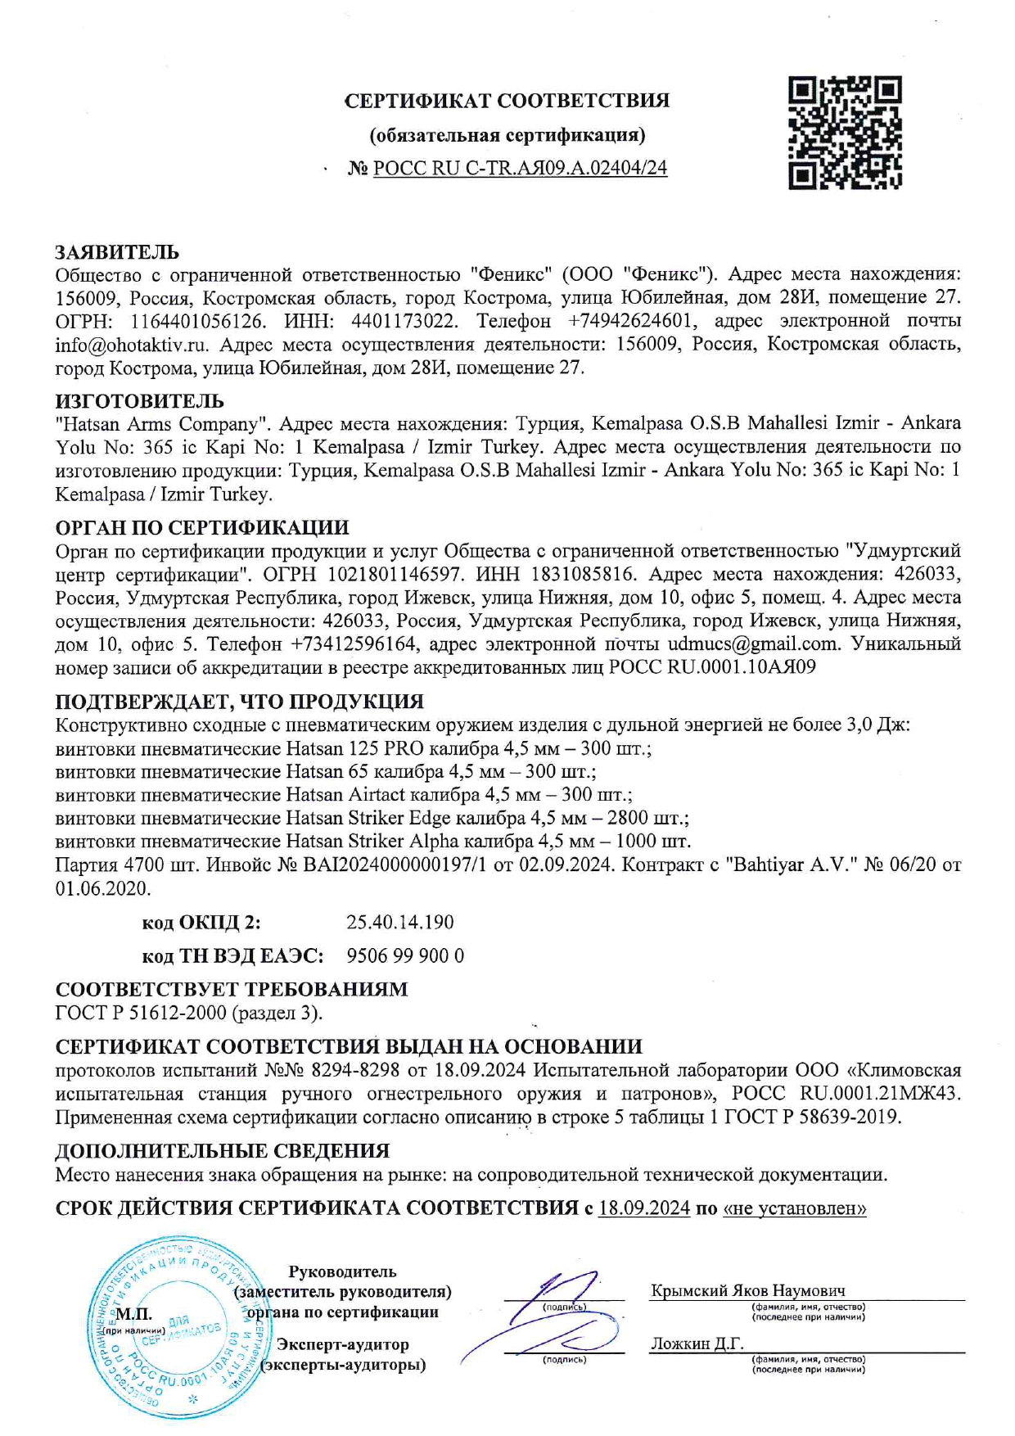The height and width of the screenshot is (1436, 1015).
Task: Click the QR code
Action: (x=845, y=133)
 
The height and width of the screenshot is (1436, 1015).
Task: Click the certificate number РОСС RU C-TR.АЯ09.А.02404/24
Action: (x=520, y=169)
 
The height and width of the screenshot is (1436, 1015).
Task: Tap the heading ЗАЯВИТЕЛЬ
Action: (x=117, y=252)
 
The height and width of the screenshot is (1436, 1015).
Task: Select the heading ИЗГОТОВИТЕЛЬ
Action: (x=139, y=401)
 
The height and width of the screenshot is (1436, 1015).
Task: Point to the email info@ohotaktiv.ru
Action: (x=132, y=345)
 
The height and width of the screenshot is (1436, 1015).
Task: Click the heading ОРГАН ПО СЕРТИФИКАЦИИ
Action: (x=202, y=527)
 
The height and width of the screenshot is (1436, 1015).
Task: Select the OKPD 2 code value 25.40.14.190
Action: (x=399, y=923)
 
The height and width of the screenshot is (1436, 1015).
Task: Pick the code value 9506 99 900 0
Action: (x=405, y=956)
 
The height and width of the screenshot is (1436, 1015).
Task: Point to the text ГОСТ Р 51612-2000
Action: (x=141, y=1013)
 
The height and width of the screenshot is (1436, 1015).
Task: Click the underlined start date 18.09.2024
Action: (x=644, y=1208)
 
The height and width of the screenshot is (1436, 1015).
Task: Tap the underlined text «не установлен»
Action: (x=794, y=1208)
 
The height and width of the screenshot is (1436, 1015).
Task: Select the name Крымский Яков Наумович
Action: (x=747, y=1291)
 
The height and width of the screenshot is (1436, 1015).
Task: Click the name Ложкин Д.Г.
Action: (x=697, y=1343)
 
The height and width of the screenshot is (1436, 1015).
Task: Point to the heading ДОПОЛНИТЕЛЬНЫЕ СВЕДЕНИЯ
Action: (x=222, y=1151)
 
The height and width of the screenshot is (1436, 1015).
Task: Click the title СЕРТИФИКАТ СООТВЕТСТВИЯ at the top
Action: (x=507, y=101)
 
